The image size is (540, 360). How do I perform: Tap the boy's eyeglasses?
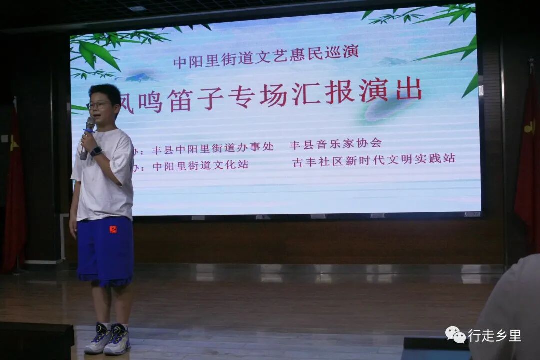(x=98, y=105)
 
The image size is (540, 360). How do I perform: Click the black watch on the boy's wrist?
(x=96, y=151)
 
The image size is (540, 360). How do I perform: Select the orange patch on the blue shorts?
(x=113, y=229)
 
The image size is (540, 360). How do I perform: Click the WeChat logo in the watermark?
(x=455, y=335)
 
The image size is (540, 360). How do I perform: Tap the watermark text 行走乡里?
(x=494, y=336)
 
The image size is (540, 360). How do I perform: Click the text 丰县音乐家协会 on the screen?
(x=335, y=143)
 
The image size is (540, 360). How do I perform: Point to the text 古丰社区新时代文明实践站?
(x=374, y=159)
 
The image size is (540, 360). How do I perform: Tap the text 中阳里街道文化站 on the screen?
(x=200, y=165)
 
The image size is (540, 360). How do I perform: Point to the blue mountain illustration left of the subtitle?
(x=140, y=77)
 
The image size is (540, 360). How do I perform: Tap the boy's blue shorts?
(x=105, y=250)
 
